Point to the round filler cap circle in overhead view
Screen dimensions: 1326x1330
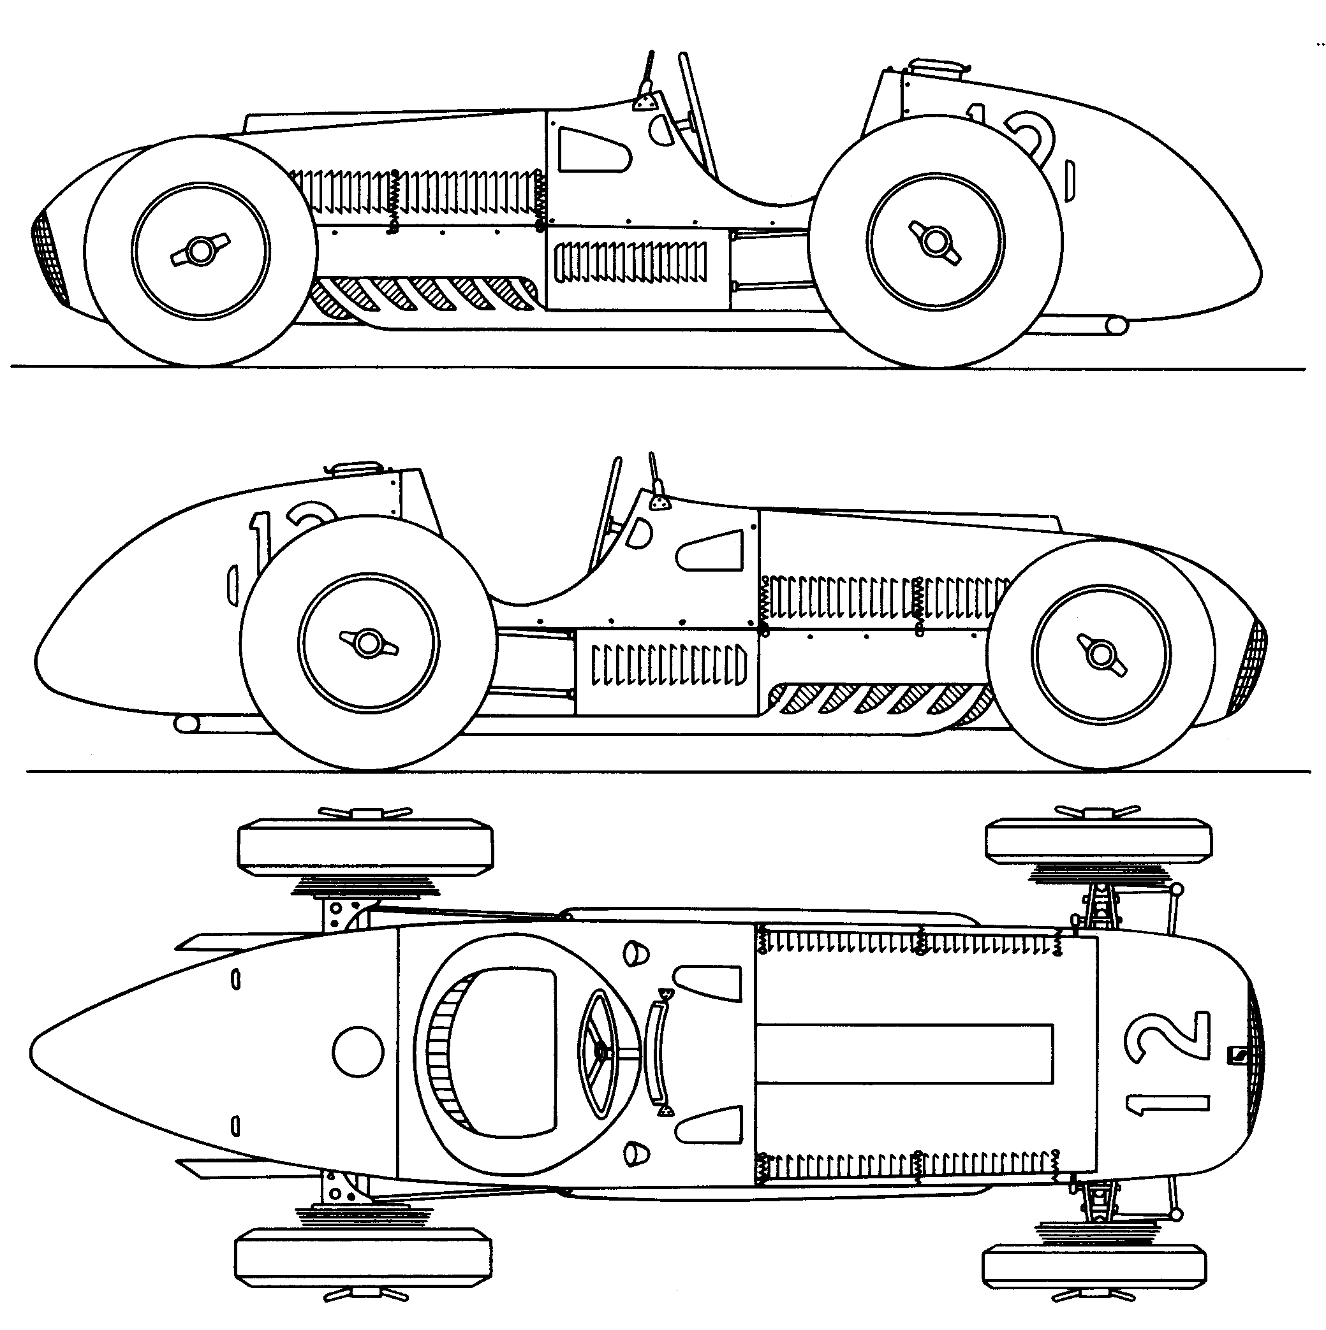[x=358, y=1052]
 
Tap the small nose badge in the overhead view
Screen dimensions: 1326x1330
[x=1237, y=1054]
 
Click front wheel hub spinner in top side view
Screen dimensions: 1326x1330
[x=200, y=251]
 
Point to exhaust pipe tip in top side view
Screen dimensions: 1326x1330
[x=1117, y=324]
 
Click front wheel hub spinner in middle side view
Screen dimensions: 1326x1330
[x=1100, y=654]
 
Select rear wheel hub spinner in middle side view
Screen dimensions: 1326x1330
[x=369, y=644]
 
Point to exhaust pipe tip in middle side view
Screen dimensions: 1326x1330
[x=186, y=724]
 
